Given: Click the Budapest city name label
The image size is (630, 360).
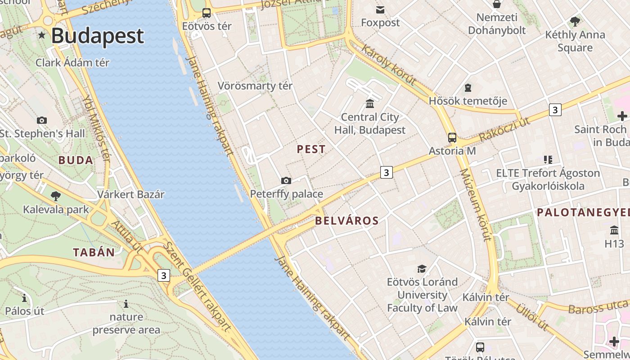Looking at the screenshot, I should (x=97, y=36).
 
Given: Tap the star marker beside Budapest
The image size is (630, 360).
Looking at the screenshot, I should (x=42, y=35).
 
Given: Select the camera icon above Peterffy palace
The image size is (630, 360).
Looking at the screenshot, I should (x=286, y=181).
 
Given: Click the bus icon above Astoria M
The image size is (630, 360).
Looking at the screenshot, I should (x=452, y=138).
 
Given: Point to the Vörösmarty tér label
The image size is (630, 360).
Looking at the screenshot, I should (x=255, y=86).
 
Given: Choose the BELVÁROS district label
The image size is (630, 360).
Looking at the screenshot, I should (x=346, y=221).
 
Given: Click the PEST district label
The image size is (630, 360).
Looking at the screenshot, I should (x=311, y=149).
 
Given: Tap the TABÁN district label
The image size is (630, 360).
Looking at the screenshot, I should (x=94, y=252).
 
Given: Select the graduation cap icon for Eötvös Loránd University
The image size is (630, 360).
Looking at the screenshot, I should (x=422, y=269).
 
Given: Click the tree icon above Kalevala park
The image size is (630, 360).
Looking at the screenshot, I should (x=56, y=196).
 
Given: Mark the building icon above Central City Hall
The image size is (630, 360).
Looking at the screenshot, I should (x=370, y=104).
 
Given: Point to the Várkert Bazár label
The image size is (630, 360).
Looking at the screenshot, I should (x=130, y=195).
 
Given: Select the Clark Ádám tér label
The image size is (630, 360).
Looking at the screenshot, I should (x=72, y=63).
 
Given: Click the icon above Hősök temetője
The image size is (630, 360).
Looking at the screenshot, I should (x=468, y=87).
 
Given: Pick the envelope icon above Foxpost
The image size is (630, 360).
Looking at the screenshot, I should (x=380, y=9).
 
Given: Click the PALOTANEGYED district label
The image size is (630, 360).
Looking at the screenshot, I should (x=583, y=212).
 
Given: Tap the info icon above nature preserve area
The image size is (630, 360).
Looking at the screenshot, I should (x=126, y=304).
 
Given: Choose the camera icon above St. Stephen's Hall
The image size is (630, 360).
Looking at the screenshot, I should (x=42, y=120).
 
